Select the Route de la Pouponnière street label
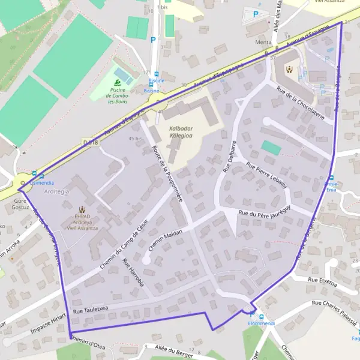[x=167, y=173]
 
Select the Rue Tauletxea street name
[x=90, y=309]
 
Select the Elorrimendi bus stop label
[x=260, y=324]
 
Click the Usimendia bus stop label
[x=41, y=182]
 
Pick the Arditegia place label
[x=56, y=191]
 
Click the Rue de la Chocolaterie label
[x=301, y=102]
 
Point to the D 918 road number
[x=89, y=142]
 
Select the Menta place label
[x=263, y=42]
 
